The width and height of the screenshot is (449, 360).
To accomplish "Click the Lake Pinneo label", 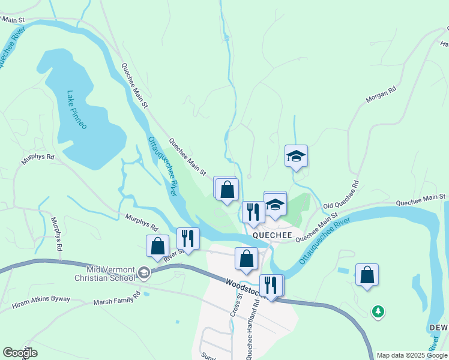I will point(77,110).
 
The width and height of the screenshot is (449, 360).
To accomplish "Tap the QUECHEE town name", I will point(271,235).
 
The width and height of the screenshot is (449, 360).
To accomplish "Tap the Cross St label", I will point(235,304).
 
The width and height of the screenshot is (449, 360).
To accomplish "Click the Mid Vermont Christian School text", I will point(101,273).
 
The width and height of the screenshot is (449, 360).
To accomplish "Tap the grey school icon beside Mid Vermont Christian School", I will point(143,273).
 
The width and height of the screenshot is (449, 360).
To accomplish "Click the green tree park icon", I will point(378,311).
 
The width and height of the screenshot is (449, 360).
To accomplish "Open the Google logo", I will point(20,353).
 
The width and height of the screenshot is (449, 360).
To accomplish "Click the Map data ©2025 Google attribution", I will point(412,355).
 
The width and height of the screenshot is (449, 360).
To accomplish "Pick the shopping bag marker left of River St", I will point(157,246).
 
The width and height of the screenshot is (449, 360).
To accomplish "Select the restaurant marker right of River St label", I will point(188,239).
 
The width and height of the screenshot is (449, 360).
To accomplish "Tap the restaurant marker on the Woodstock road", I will point(271,286).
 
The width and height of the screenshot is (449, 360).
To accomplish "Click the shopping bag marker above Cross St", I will point(246,259).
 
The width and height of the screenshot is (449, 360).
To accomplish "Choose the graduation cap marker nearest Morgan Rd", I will point(296,157).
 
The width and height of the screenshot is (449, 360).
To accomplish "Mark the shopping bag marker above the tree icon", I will point(367,275).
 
